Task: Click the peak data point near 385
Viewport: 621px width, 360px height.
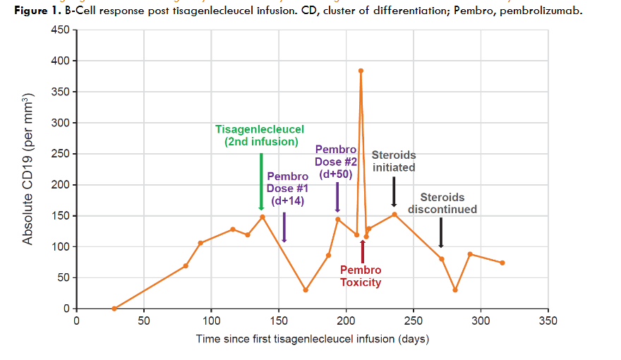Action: pos(361,71)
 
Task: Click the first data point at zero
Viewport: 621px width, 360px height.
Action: pos(114,308)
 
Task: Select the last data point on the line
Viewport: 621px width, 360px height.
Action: pos(502,263)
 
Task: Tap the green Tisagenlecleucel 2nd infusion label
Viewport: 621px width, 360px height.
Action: pos(260,136)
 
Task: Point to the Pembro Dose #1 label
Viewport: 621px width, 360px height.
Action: pos(288,188)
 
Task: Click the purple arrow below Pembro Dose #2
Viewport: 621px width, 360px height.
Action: pos(337,196)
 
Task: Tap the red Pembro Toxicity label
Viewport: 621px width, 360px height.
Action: pos(361,276)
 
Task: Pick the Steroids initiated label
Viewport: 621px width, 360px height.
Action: pos(394,161)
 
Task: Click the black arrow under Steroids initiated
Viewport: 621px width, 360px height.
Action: pos(394,191)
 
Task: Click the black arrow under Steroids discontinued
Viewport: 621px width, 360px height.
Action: pos(441,232)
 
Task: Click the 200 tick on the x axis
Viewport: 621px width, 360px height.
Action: pos(346,320)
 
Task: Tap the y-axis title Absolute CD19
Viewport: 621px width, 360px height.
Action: pos(28,169)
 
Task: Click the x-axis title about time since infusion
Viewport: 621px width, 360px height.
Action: pos(312,340)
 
